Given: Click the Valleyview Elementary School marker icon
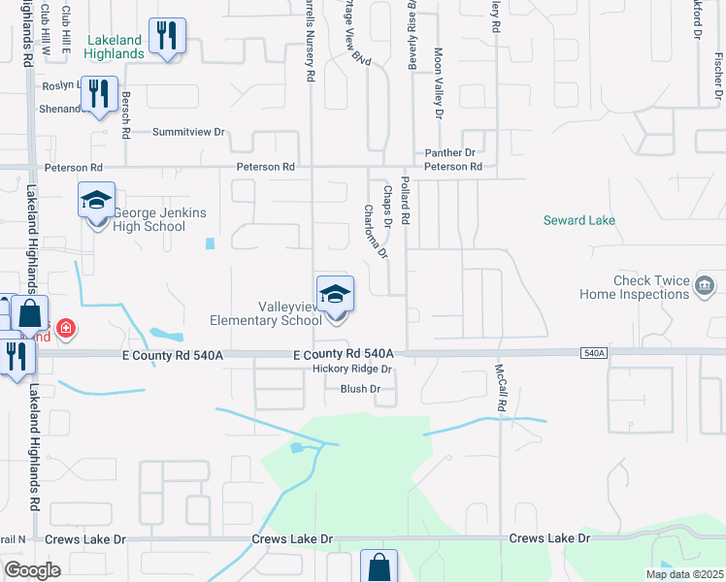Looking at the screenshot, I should [x=335, y=294].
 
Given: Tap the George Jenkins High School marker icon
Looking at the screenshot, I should [x=96, y=201].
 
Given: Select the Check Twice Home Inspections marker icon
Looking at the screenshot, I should [x=706, y=286].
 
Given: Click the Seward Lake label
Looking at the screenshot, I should [x=579, y=220].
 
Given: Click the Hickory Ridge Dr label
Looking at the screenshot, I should [x=351, y=370].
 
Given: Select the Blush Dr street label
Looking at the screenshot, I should [x=360, y=389].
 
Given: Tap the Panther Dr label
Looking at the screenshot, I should [x=450, y=153].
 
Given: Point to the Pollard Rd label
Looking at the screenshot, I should [x=405, y=198].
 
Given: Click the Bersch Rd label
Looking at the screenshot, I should [x=125, y=113].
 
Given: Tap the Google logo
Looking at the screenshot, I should [x=32, y=570].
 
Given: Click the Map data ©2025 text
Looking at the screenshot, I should [x=683, y=574].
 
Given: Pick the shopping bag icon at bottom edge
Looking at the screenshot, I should [x=379, y=567].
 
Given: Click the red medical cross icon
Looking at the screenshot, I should [x=65, y=330].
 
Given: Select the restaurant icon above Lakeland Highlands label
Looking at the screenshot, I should [x=168, y=36].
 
